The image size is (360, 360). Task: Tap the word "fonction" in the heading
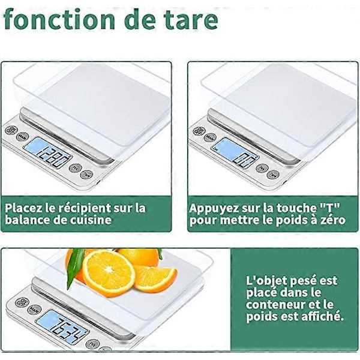[59, 19]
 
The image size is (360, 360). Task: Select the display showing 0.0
[235, 152]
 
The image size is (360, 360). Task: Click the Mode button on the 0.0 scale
[210, 137]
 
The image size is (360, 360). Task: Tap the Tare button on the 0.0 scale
[273, 175]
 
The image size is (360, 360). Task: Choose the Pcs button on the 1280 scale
[76, 168]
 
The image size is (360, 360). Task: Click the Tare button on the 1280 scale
[86, 175]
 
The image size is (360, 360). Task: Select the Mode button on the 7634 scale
[34, 310]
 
